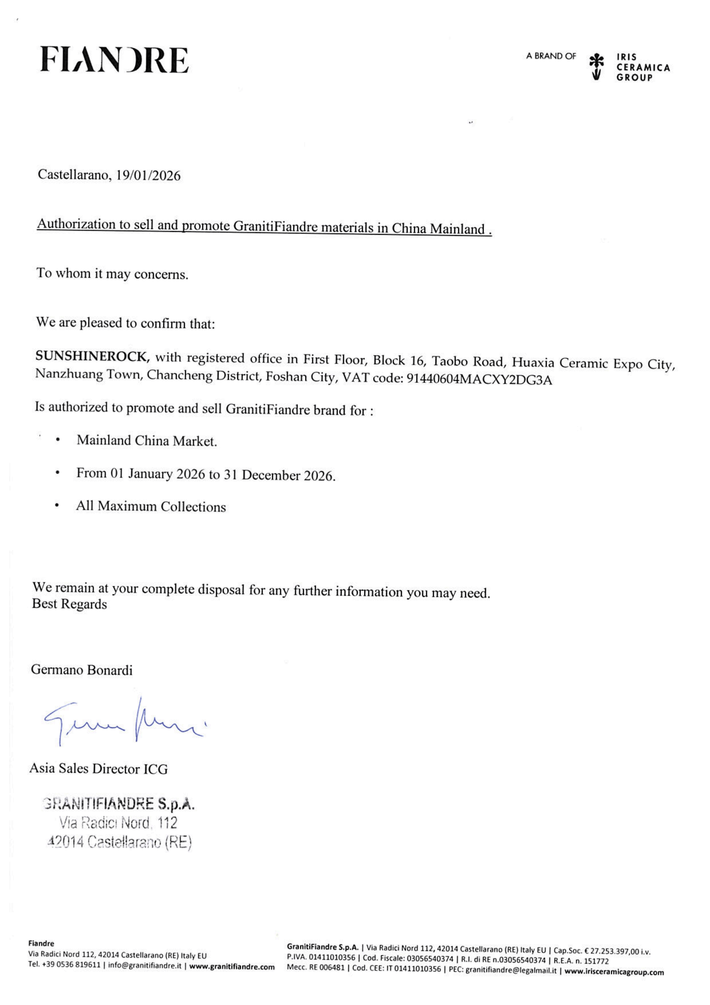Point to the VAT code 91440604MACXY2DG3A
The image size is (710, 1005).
click(479, 379)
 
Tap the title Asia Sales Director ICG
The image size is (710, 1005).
click(98, 769)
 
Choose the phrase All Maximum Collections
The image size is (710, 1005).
click(151, 506)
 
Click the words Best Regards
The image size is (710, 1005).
click(69, 604)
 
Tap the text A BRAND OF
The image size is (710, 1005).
click(551, 56)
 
